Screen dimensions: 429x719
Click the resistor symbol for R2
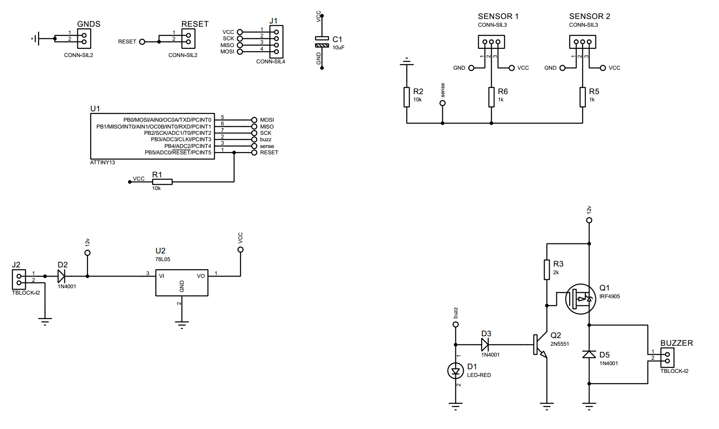pyautogui.click(x=407, y=97)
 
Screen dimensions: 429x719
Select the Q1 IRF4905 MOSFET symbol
pyautogui.click(x=580, y=299)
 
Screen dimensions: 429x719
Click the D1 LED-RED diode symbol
pyautogui.click(x=455, y=371)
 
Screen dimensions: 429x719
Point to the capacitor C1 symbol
pyautogui.click(x=322, y=42)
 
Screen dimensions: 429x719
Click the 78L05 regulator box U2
pyautogui.click(x=182, y=283)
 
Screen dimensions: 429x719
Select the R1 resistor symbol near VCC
pyautogui.click(x=162, y=182)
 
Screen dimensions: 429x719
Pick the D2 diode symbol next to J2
pyautogui.click(x=61, y=276)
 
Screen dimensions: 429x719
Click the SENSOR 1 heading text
pyautogui.click(x=498, y=16)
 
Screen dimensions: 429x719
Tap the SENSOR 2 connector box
pyautogui.click(x=582, y=42)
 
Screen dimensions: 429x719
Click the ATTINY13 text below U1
pyautogui.click(x=102, y=162)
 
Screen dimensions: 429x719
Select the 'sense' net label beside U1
pyautogui.click(x=267, y=146)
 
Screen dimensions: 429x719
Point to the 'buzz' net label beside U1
pyautogui.click(x=265, y=139)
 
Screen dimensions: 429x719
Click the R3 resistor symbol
pyautogui.click(x=546, y=270)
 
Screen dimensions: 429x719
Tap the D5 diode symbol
pyautogui.click(x=589, y=354)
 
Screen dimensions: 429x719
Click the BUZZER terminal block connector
pyautogui.click(x=667, y=357)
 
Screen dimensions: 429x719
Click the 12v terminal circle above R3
pyautogui.click(x=589, y=220)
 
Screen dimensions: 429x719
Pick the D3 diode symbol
pyautogui.click(x=485, y=345)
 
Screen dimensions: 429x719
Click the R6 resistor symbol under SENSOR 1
pyautogui.click(x=491, y=97)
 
